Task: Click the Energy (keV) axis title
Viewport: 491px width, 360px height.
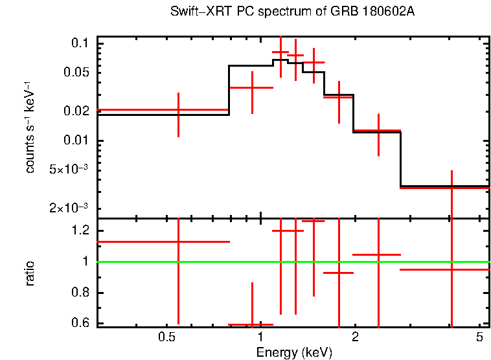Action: click(x=293, y=352)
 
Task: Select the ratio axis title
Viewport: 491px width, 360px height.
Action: click(x=30, y=273)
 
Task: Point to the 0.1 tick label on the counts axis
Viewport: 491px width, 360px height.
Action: click(x=79, y=43)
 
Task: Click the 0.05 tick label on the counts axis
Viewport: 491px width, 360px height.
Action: click(x=76, y=73)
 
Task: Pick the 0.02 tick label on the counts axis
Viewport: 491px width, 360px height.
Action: click(x=76, y=111)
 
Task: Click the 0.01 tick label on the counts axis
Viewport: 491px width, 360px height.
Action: click(x=76, y=141)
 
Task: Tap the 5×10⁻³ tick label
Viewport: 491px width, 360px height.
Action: click(x=68, y=170)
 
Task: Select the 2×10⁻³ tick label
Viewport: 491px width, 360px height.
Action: click(x=68, y=208)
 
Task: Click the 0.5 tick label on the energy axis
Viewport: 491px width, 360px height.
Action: click(x=167, y=338)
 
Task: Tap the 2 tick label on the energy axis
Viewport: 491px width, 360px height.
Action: click(x=355, y=338)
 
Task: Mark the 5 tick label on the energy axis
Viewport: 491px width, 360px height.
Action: click(x=479, y=338)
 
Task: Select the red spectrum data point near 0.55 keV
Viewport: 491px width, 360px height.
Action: click(x=178, y=110)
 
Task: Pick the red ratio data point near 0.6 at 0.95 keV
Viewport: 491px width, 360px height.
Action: click(x=251, y=324)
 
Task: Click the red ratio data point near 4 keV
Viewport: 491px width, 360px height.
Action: click(x=451, y=269)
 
